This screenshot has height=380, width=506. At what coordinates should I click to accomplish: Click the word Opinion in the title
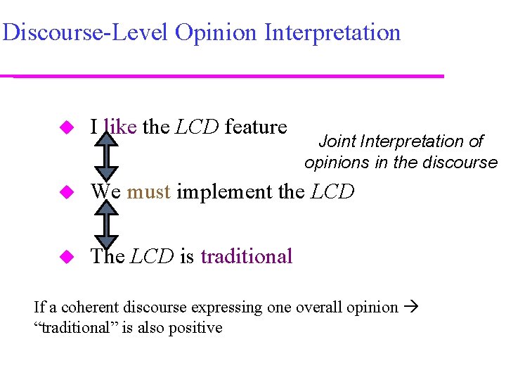216,32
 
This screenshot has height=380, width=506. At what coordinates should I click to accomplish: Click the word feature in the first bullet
256,127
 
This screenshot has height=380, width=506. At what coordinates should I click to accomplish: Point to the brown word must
149,191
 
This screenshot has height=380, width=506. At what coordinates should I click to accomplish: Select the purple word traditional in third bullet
246,256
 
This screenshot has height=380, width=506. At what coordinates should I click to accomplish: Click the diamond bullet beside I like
66,127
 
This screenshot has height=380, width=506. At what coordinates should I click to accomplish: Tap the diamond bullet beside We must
66,191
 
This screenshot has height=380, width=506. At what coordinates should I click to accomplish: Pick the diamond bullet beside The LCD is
66,257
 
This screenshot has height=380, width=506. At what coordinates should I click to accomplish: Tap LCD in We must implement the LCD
333,191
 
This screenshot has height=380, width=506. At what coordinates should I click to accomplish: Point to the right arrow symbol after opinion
412,308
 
